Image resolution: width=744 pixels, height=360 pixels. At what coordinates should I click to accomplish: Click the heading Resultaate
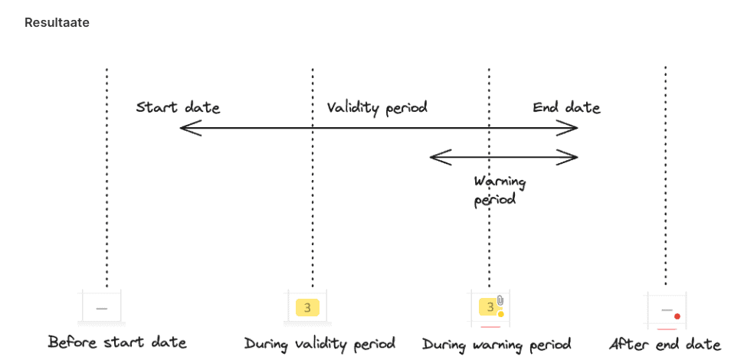[57, 23]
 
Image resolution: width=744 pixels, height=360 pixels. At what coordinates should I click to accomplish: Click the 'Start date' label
[178, 107]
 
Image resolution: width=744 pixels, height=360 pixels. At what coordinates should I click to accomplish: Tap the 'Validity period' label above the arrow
[376, 107]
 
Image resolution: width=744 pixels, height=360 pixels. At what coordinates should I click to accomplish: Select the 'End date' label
[566, 107]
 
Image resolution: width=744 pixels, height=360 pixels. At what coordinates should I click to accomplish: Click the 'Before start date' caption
[116, 342]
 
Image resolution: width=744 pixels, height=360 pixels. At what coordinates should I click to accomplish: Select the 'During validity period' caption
[320, 343]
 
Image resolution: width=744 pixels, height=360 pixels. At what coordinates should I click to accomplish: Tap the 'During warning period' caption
[496, 343]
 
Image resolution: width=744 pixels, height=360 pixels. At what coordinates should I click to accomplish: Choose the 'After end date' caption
[664, 343]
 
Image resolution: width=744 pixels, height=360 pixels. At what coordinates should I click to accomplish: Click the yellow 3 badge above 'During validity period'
[306, 308]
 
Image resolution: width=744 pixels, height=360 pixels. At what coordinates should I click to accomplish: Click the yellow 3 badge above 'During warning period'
[488, 307]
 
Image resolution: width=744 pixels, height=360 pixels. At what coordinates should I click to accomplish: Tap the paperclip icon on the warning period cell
[500, 299]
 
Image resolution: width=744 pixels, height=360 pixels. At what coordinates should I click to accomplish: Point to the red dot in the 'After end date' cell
[677, 316]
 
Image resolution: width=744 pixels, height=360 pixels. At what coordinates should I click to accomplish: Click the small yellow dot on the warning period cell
[500, 314]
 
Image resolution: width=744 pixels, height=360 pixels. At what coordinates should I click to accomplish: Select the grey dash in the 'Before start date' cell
[102, 308]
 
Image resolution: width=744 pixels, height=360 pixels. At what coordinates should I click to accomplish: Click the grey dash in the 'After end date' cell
[666, 309]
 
